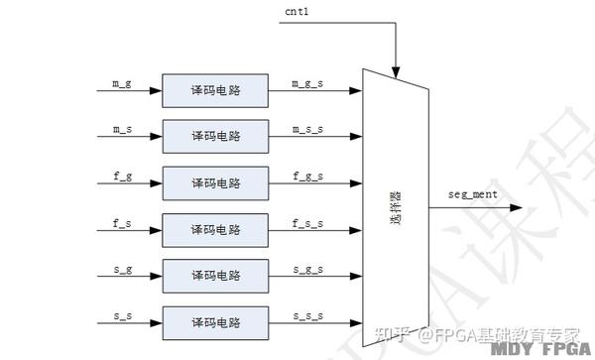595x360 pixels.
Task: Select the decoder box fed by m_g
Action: point(215,89)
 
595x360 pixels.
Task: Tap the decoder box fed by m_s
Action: point(215,136)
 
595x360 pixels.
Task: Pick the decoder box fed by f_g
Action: point(215,183)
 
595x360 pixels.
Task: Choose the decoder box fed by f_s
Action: point(215,229)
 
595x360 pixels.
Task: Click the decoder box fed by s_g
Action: point(215,275)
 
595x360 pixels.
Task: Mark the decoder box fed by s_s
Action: point(215,321)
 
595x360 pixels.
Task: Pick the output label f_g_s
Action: point(308,174)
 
